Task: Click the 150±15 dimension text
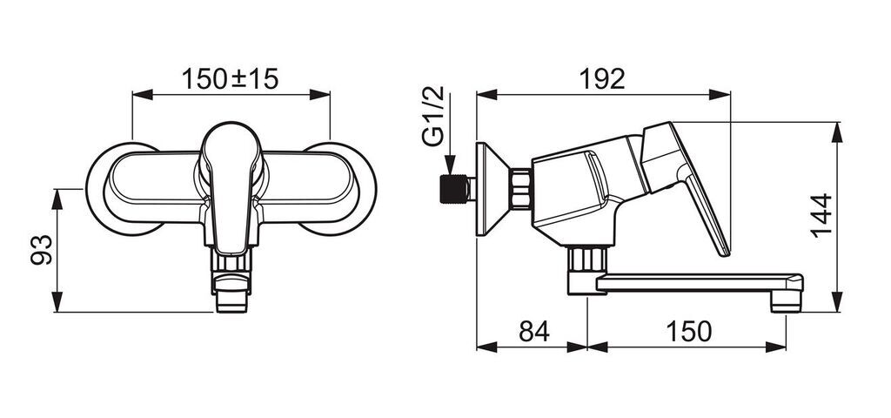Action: [x=230, y=79]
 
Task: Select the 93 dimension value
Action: [x=42, y=250]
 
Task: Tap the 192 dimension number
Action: [x=602, y=79]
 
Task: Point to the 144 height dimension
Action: [x=821, y=216]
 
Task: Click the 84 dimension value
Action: [x=534, y=332]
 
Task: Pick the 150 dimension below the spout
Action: [x=688, y=332]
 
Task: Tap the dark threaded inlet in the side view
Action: [x=453, y=189]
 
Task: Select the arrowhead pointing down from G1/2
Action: [x=450, y=165]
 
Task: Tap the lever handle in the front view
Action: [x=231, y=187]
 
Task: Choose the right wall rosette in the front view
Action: [x=340, y=189]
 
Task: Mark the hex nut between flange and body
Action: [x=520, y=189]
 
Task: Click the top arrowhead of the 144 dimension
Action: [x=838, y=132]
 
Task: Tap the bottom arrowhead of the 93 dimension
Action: [x=57, y=301]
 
